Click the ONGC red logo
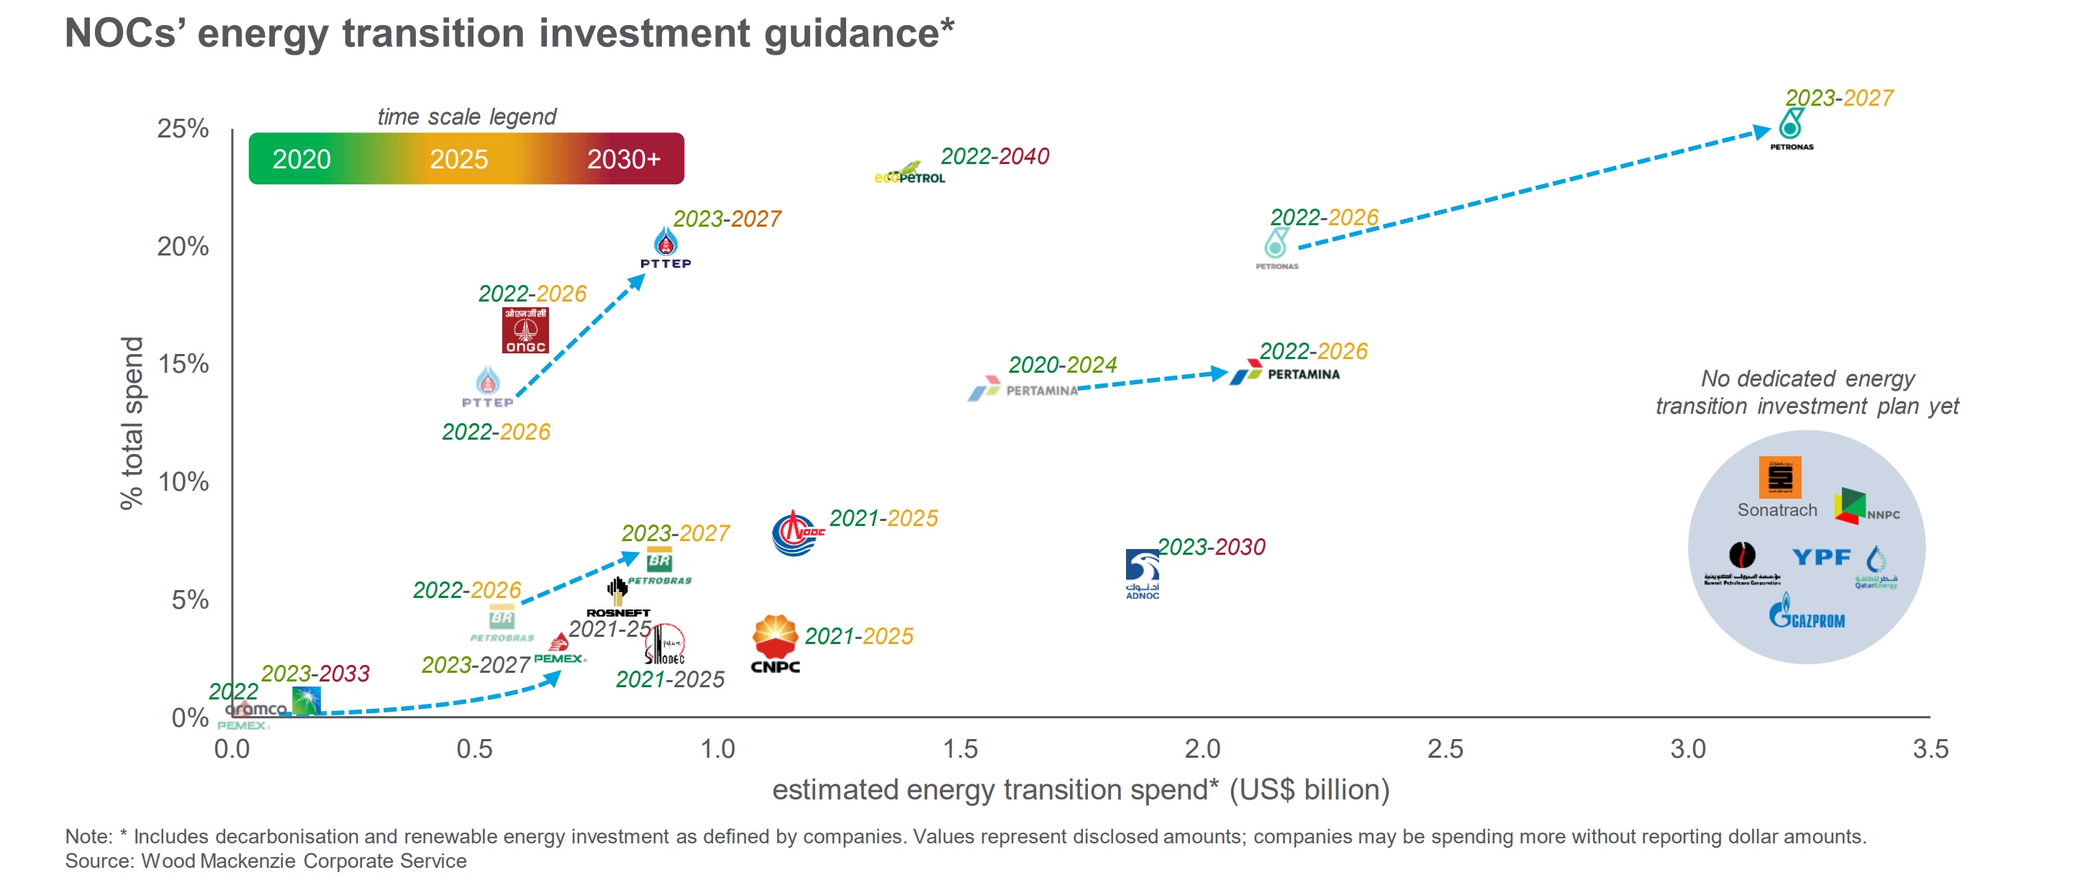coord(525,330)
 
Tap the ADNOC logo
coord(1142,573)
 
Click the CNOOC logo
coord(797,533)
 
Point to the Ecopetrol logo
coord(909,174)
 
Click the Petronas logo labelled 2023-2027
coord(1791,129)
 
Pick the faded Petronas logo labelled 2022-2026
coord(1277,247)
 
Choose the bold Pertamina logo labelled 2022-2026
coord(1285,373)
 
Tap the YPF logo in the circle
coord(1820,556)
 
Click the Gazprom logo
coord(1807,612)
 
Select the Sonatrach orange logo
coord(1780,476)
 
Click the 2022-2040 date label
coord(994,156)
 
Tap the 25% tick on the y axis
coord(183,129)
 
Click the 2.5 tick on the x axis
coord(1445,749)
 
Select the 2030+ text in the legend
coord(623,159)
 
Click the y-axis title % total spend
coord(131,423)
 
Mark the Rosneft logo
coord(618,597)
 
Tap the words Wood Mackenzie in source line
coord(220,861)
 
